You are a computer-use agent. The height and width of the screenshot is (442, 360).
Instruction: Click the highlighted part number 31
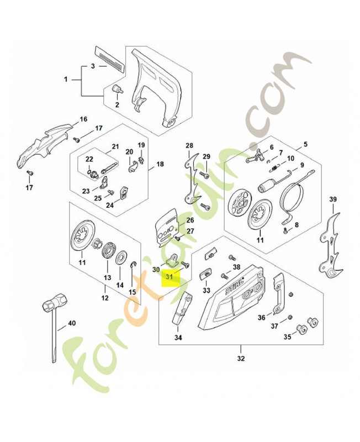(x=170, y=277)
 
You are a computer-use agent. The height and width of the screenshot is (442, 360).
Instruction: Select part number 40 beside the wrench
(x=72, y=323)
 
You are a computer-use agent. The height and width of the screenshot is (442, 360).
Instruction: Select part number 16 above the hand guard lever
(x=83, y=119)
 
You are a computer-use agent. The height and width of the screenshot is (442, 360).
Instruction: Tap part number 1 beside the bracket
(x=66, y=80)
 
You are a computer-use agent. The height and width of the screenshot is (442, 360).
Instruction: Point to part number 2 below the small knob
(x=117, y=104)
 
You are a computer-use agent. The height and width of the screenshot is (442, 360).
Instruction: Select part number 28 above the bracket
(x=189, y=146)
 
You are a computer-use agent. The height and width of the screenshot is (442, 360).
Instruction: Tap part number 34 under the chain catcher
(x=178, y=338)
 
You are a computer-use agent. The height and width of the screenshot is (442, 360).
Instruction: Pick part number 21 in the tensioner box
(x=115, y=146)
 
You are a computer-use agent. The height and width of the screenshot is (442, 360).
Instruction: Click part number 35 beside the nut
(x=287, y=336)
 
